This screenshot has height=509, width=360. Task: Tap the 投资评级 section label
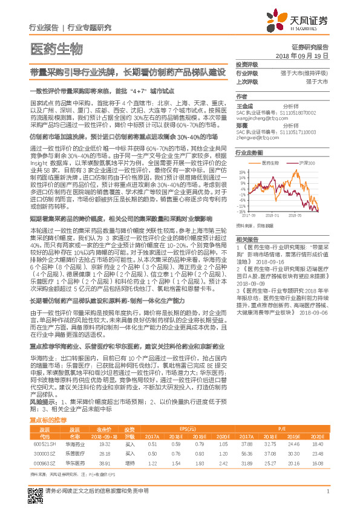pos(246,65)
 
